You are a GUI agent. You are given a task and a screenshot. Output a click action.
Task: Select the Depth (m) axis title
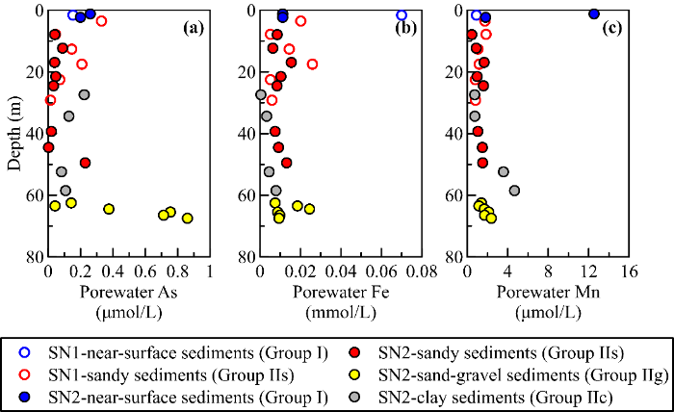[13, 133]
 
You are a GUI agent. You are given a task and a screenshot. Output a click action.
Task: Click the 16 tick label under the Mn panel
[630, 272]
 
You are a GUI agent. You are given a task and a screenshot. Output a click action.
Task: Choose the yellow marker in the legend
[365, 373]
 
